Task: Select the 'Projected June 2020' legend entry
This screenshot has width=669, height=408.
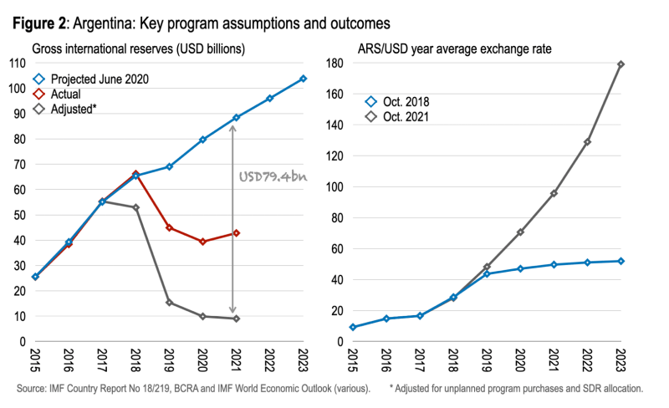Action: [x=97, y=79]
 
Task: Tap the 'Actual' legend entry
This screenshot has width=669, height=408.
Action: [x=68, y=94]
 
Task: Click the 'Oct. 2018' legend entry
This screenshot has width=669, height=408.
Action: [x=405, y=101]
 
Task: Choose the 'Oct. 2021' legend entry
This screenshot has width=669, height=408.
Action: [x=405, y=117]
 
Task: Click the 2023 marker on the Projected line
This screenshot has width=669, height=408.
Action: [x=303, y=79]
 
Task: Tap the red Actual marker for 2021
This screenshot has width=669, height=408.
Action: [x=236, y=232]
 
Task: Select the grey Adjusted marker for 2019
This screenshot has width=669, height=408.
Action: [x=170, y=303]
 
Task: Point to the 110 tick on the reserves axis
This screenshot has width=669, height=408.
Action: [x=17, y=63]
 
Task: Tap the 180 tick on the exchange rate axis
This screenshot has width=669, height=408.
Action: [x=333, y=63]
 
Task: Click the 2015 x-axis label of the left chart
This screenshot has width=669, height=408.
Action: [x=35, y=360]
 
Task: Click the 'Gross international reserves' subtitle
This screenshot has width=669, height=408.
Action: [x=138, y=48]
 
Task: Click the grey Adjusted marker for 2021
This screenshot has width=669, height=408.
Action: [x=236, y=319]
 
